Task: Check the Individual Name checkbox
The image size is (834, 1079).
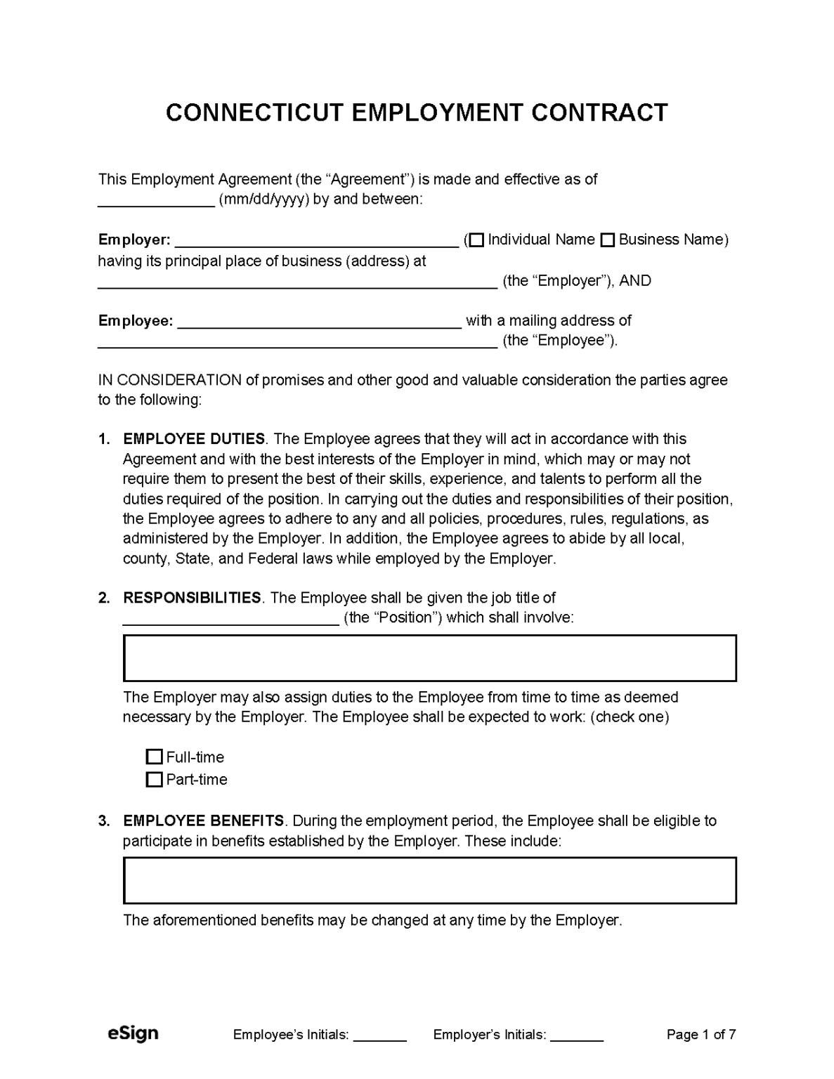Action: point(476,240)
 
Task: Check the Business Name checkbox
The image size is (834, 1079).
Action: point(608,240)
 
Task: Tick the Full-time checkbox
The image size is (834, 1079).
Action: point(154,757)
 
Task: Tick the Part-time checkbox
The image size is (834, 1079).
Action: point(154,780)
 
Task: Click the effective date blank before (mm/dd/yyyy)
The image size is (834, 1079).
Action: point(155,201)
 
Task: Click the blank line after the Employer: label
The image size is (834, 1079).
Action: point(316,241)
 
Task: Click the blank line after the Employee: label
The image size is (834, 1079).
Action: point(320,322)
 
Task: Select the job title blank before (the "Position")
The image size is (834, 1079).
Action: point(231,619)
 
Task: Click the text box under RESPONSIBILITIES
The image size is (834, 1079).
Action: point(429,658)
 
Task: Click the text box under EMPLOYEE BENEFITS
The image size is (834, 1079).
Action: point(429,880)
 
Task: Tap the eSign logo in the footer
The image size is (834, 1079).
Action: point(133,1033)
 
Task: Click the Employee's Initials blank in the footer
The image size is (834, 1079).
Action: point(379,1035)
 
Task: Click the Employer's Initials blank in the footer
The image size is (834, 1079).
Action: point(577,1035)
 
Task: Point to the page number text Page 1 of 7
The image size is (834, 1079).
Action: point(701,1035)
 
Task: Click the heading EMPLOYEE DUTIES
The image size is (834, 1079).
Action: point(194,439)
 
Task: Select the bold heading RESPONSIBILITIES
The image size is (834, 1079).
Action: point(192,598)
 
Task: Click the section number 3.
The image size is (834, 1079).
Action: point(104,821)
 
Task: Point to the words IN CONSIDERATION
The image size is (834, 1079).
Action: point(169,381)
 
